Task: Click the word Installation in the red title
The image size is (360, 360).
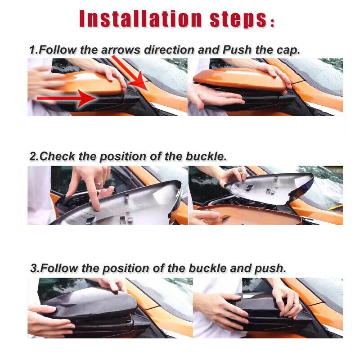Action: [141, 19]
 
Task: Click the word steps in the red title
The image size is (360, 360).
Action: [239, 20]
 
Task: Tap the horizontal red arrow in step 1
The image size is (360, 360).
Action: [67, 98]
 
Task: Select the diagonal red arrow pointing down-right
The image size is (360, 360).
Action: [130, 73]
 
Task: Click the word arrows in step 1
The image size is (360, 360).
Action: [121, 50]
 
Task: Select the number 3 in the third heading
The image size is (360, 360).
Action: [34, 268]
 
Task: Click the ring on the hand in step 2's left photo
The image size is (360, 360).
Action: [99, 183]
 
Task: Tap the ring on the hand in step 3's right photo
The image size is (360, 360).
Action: [297, 303]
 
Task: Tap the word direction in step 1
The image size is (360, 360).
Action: [169, 50]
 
